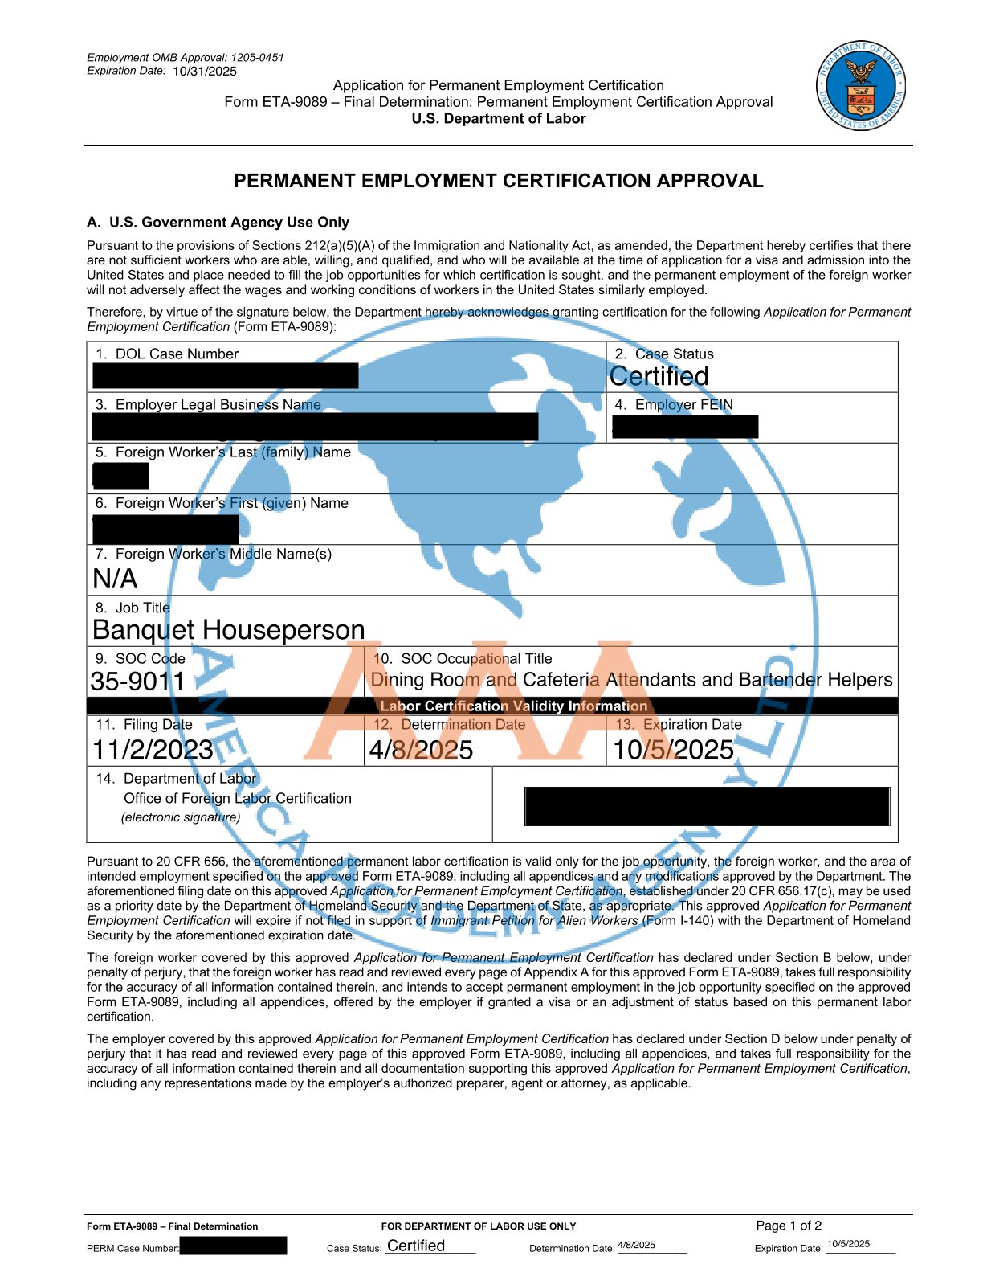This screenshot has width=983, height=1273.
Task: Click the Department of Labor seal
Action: pyautogui.click(x=861, y=86)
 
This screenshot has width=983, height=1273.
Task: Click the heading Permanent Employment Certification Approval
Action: pyautogui.click(x=498, y=181)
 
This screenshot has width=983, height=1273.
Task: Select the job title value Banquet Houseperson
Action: pyautogui.click(x=229, y=629)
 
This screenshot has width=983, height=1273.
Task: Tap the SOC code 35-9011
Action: pyautogui.click(x=138, y=682)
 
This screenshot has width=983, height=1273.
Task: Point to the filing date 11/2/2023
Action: pyautogui.click(x=153, y=750)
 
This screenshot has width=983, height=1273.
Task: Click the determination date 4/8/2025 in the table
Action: pyautogui.click(x=421, y=750)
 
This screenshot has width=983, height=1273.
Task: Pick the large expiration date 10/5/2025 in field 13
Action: pyautogui.click(x=673, y=750)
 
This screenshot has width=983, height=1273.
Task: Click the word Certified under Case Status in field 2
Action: pyautogui.click(x=659, y=376)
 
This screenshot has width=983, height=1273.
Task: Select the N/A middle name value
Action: pyautogui.click(x=115, y=579)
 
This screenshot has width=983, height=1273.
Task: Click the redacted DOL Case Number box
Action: pyautogui.click(x=225, y=376)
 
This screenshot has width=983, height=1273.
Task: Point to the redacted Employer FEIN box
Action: pyautogui.click(x=684, y=427)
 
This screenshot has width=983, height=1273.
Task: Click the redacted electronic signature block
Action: pyautogui.click(x=707, y=806)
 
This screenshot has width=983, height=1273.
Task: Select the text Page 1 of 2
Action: pyautogui.click(x=789, y=1226)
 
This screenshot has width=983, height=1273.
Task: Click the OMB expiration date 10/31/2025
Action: pyautogui.click(x=205, y=72)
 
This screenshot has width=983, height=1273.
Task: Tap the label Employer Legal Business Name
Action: pyautogui.click(x=218, y=405)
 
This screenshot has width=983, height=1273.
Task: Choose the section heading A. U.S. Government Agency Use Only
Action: pyautogui.click(x=218, y=223)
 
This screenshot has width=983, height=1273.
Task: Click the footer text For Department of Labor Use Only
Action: pyautogui.click(x=479, y=1226)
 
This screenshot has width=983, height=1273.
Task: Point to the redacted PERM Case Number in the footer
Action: pyautogui.click(x=233, y=1246)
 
